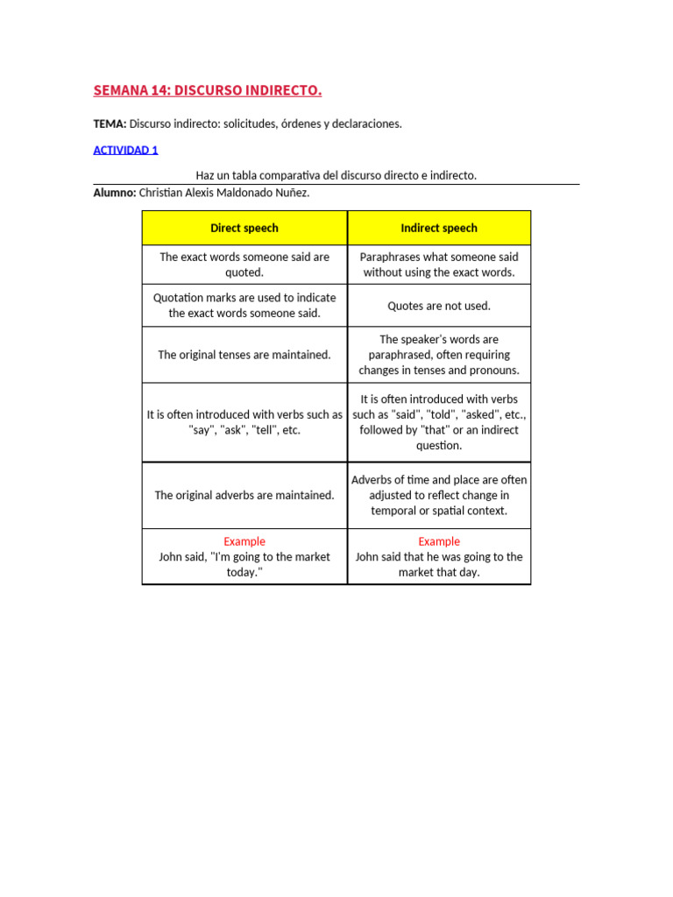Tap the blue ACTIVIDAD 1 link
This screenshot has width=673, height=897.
[x=125, y=150]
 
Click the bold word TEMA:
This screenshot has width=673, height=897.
[x=110, y=124]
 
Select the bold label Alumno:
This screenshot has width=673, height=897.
[x=114, y=193]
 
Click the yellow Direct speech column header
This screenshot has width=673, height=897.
[x=244, y=228]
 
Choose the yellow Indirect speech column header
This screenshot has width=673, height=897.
[x=439, y=228]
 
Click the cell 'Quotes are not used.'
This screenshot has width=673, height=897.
[x=439, y=306]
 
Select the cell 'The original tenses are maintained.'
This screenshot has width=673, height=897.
[x=244, y=355]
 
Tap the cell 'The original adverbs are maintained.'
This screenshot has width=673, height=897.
[x=244, y=495]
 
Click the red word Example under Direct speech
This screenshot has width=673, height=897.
[x=244, y=541]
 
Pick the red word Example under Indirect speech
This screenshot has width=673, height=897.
[x=439, y=541]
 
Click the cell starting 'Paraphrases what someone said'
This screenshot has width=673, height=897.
[x=439, y=265]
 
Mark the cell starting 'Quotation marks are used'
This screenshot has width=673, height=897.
[x=244, y=305]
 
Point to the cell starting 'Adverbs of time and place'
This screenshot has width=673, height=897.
[x=439, y=495]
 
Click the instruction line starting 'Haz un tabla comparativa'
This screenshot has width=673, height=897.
[x=336, y=175]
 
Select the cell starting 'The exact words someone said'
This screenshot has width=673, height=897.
[x=244, y=265]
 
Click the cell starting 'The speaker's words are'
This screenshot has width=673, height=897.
[x=439, y=355]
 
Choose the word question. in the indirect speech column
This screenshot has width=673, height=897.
[x=439, y=446]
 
